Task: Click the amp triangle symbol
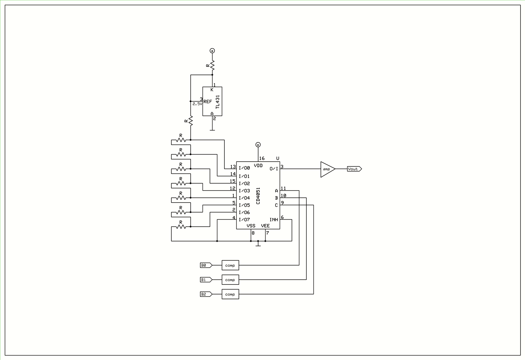(x=328, y=169)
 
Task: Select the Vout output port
(x=354, y=169)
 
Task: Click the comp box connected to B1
(x=231, y=280)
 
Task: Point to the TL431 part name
(x=218, y=102)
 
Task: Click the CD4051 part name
(x=258, y=196)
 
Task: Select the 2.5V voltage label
(x=197, y=104)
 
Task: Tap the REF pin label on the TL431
(x=208, y=102)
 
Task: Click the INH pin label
(x=274, y=220)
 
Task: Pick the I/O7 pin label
(x=244, y=220)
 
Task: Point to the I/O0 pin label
(x=244, y=168)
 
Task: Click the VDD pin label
(x=258, y=166)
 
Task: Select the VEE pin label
(x=265, y=226)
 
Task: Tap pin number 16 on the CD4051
(x=262, y=158)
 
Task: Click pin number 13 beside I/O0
(x=233, y=166)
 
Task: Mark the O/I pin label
(x=274, y=169)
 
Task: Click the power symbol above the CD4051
(x=258, y=145)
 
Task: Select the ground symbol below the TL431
(x=212, y=130)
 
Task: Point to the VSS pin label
(x=251, y=226)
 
